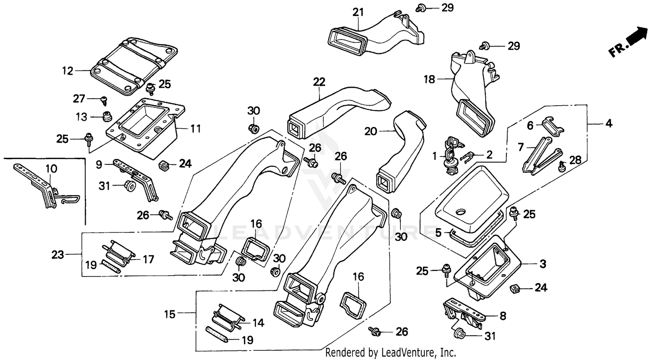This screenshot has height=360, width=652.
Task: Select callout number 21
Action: (358, 12)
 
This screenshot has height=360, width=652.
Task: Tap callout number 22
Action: (319, 81)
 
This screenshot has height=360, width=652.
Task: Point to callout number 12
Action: (67, 70)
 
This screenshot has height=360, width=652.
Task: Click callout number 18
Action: (429, 79)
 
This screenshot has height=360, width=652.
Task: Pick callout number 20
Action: (371, 130)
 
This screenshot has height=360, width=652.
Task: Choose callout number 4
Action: (609, 123)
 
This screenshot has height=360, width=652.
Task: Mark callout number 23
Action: (58, 254)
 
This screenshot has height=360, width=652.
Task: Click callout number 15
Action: (170, 313)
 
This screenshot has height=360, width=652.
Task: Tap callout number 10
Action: (51, 168)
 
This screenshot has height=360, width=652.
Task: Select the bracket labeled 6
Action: (551, 125)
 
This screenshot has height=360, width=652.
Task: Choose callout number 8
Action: (502, 316)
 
